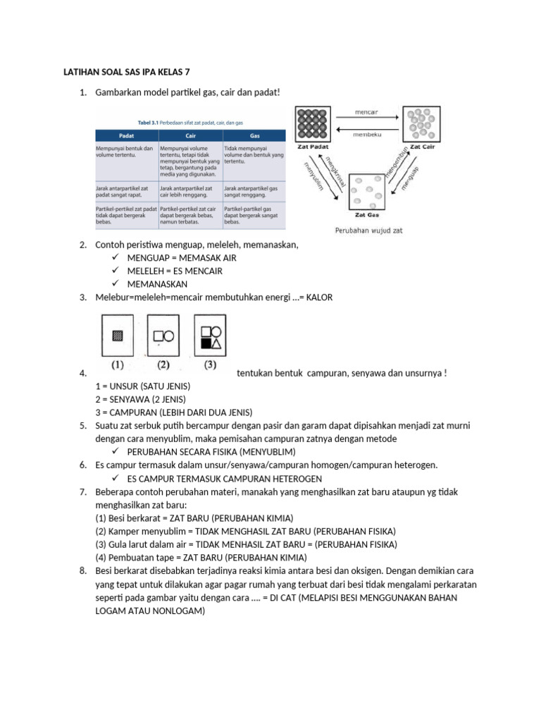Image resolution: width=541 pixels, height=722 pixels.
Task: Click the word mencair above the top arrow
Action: (366, 111)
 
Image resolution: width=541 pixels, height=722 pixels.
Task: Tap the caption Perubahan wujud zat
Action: (368, 230)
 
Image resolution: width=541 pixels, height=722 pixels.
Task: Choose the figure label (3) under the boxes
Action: (210, 365)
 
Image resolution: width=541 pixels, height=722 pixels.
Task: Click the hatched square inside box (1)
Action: (118, 336)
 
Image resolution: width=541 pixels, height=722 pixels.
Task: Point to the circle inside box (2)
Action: (169, 336)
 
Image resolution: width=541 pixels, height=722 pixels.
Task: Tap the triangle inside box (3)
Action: (217, 343)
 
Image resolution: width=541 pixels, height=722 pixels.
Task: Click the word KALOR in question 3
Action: (318, 298)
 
